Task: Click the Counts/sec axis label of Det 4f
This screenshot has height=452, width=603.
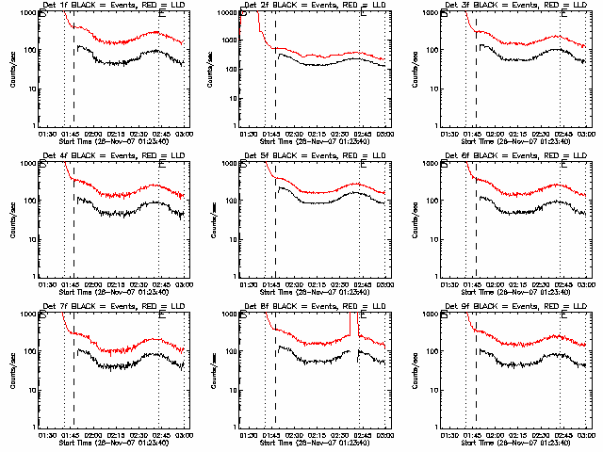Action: pyautogui.click(x=11, y=218)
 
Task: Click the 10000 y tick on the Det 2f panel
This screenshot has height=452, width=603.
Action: pyautogui.click(x=225, y=13)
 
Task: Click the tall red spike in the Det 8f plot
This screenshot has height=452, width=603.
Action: pyautogui.click(x=350, y=325)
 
